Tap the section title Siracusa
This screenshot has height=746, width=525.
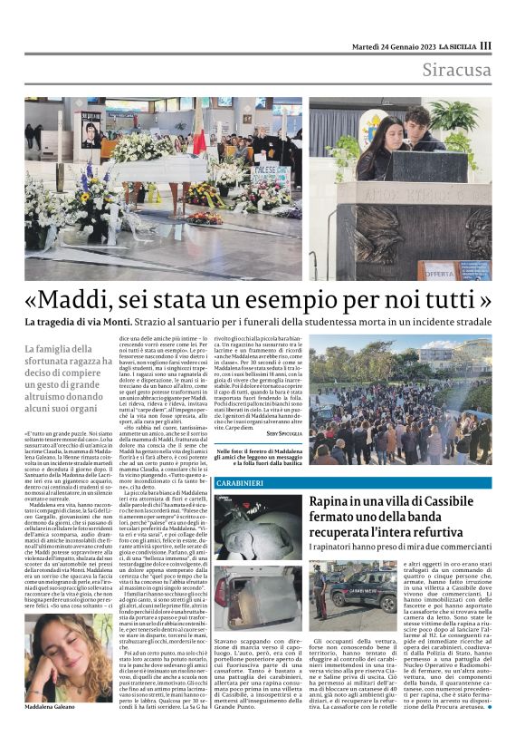click(460, 71)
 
